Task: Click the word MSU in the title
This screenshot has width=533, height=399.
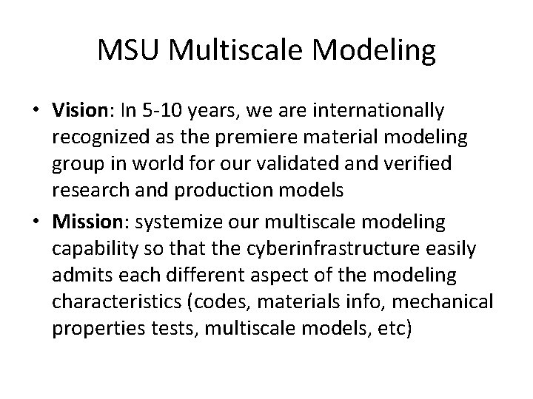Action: point(128,51)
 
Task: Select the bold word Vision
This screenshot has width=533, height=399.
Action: point(81,111)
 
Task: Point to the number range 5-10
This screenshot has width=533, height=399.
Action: point(161,111)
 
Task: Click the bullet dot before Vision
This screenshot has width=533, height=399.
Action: point(37,112)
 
